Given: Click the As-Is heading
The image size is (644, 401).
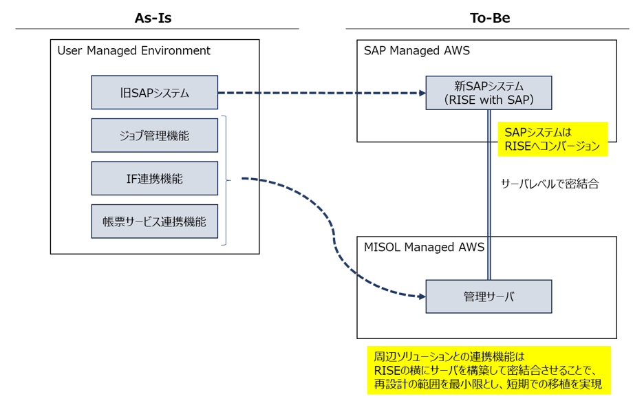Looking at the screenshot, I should [153, 19].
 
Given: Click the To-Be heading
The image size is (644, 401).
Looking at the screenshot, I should [490, 19].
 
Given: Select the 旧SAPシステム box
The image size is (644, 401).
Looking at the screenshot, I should [154, 93].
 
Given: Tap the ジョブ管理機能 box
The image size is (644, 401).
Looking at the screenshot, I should [154, 136].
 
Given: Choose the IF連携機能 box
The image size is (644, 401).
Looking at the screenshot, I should [154, 179].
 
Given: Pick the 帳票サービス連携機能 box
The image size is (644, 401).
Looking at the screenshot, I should [154, 221].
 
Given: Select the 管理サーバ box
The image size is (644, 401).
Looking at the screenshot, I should [489, 297].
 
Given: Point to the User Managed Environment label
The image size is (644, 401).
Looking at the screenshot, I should [133, 51].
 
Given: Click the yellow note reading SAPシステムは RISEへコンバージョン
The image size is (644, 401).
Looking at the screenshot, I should [552, 139].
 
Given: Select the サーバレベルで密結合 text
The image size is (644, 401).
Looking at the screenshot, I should [550, 184].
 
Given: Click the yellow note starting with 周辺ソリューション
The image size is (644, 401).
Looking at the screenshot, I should [489, 370].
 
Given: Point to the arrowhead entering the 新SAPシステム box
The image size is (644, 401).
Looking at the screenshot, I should [422, 93].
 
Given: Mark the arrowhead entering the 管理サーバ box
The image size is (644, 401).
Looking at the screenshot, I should [422, 296].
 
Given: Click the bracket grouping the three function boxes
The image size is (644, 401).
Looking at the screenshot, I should [225, 180].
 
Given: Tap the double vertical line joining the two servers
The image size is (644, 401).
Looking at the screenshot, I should [489, 206].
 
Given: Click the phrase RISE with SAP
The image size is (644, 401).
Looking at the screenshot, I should [489, 100].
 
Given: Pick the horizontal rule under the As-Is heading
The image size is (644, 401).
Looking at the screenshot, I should [157, 29].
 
